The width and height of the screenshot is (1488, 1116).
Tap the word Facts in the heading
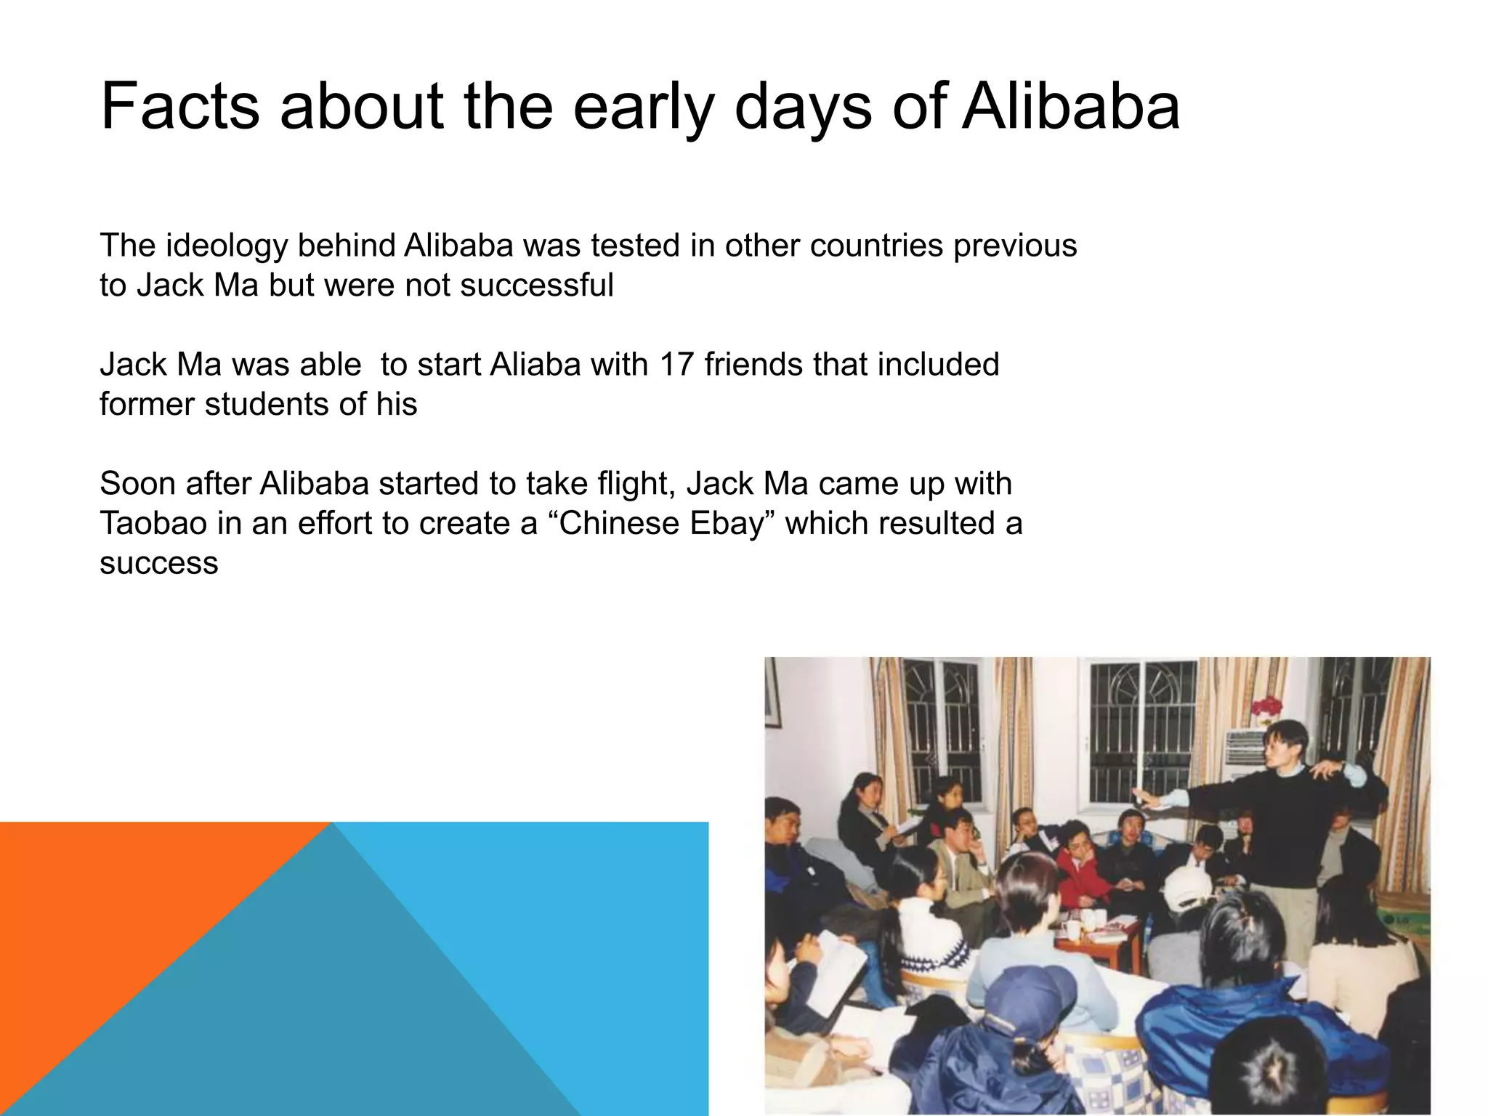pos(179,108)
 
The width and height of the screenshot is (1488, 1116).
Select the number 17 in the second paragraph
pos(676,364)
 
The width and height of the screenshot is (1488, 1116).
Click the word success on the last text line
pos(158,563)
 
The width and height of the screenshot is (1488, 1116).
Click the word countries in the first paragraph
pos(876,246)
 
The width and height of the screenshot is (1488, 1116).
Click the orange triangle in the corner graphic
pos(109,908)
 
